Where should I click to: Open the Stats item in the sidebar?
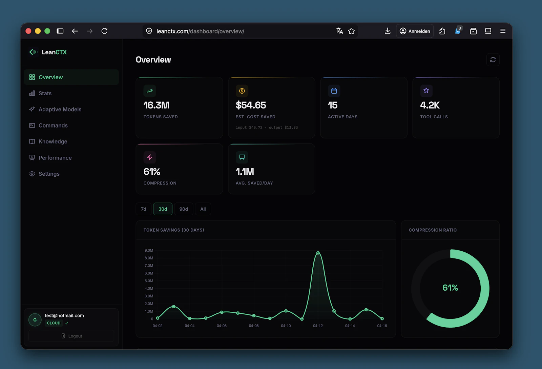(45, 93)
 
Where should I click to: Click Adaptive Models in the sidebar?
(60, 109)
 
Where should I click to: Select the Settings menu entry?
(49, 174)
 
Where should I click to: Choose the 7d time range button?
(144, 209)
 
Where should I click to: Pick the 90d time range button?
(184, 209)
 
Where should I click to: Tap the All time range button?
(203, 209)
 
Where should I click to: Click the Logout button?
(71, 336)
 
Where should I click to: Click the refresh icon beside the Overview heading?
(493, 60)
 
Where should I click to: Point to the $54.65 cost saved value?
(251, 105)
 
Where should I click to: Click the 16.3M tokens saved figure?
(156, 105)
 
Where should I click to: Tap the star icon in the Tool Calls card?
(426, 91)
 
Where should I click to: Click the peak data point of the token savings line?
(318, 253)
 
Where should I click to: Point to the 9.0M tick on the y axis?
(149, 250)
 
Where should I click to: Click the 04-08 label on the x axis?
(253, 326)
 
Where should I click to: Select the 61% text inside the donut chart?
(450, 288)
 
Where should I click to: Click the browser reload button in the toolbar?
(104, 31)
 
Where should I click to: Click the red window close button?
(28, 31)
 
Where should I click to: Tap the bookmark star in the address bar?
(351, 31)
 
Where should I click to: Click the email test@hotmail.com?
(64, 315)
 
